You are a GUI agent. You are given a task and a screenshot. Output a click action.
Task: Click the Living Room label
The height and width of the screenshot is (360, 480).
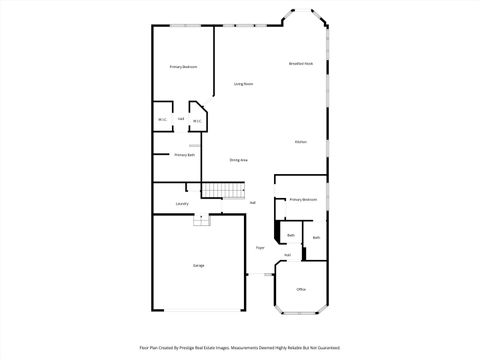243,84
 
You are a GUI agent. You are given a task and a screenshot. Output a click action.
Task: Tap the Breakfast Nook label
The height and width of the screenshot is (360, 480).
301,64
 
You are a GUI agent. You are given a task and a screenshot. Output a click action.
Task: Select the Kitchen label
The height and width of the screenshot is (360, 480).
300,142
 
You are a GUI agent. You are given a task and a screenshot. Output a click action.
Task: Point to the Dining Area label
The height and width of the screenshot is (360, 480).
238,160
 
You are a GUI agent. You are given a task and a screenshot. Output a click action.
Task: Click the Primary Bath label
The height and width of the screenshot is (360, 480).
184,155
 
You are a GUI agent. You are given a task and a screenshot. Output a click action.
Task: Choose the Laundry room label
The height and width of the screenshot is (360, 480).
182,204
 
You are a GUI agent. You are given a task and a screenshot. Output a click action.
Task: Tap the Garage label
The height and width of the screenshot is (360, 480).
198,265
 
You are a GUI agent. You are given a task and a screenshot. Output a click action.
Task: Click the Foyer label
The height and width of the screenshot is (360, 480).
260,247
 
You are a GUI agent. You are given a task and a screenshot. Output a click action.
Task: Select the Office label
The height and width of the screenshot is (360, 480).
301,289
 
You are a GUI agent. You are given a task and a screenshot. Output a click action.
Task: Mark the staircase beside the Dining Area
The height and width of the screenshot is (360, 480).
223,190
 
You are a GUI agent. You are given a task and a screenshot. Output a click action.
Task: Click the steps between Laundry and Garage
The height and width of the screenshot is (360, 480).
201,220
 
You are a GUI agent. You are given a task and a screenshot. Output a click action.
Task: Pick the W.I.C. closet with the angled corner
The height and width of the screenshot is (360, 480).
197,121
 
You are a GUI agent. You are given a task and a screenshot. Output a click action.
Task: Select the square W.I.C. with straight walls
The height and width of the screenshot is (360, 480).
162,121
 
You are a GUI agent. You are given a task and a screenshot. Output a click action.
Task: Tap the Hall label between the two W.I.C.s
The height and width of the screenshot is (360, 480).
180,119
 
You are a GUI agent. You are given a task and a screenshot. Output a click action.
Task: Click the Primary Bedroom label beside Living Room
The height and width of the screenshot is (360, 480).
183,66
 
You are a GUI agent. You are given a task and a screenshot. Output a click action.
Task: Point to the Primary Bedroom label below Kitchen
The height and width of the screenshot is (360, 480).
303,199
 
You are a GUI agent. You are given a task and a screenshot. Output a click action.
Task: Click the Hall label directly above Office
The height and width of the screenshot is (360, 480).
287,255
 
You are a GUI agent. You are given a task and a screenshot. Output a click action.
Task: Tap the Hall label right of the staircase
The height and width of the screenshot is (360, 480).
253,203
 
